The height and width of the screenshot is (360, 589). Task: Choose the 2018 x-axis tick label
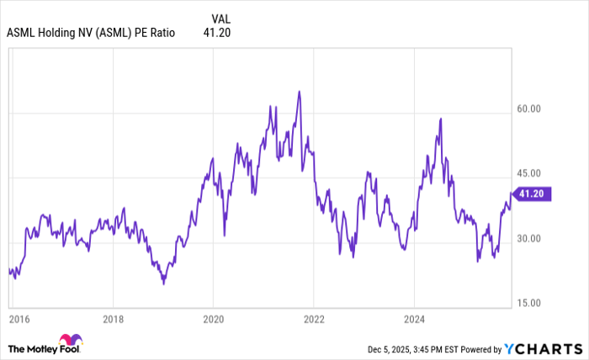pos(114,320)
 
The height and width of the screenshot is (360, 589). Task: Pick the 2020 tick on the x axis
pos(213,320)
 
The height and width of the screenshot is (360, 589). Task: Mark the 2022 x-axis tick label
pos(313,320)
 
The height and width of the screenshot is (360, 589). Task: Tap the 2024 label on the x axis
pos(413,320)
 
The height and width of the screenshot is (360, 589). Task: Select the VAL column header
pos(220,18)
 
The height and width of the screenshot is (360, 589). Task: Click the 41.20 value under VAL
pos(217,33)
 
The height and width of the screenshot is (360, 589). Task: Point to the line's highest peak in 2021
pos(299,91)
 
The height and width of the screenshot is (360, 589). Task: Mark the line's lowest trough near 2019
pos(163,283)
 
